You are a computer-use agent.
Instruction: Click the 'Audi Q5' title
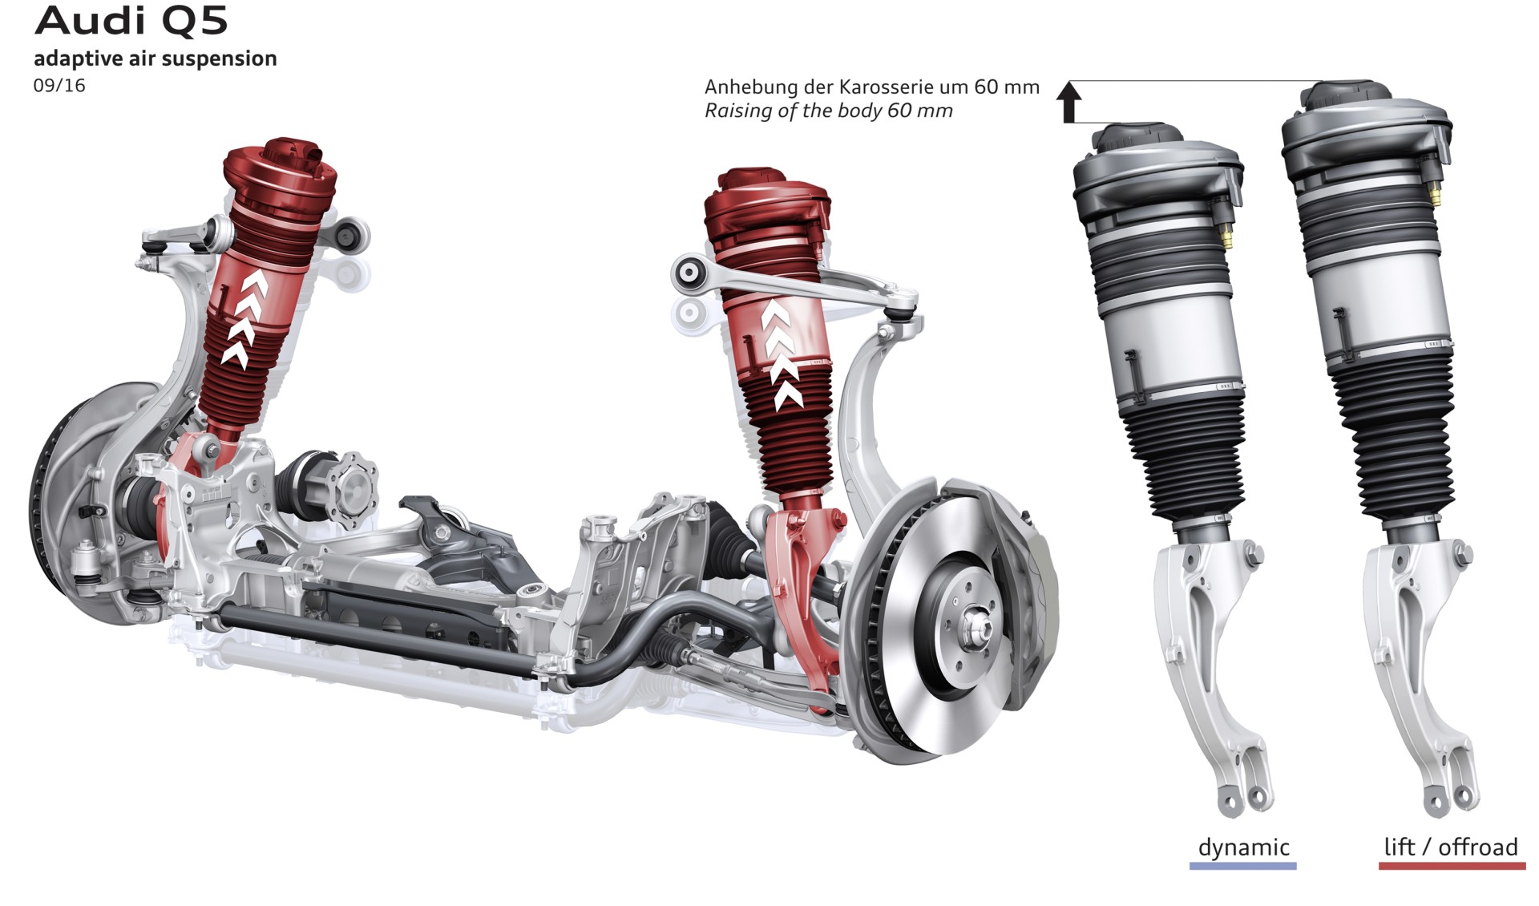(131, 21)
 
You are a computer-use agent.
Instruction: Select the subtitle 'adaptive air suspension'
(155, 59)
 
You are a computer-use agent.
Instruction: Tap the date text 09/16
(59, 85)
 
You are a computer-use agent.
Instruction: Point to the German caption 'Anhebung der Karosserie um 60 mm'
(872, 87)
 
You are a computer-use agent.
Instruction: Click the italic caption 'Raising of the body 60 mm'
(829, 111)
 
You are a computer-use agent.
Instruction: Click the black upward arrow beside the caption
(1069, 102)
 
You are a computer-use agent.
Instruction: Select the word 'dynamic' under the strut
(1243, 847)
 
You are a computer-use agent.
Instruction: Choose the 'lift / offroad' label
(1451, 847)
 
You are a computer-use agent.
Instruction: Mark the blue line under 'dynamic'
(1243, 866)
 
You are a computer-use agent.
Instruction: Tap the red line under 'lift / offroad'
(1452, 866)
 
